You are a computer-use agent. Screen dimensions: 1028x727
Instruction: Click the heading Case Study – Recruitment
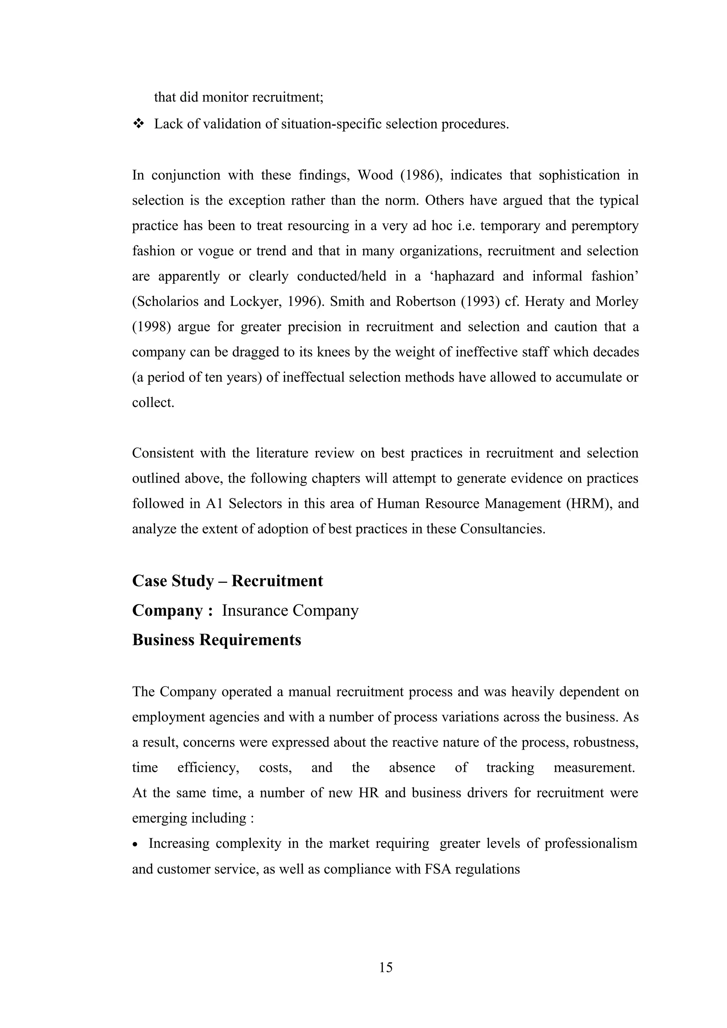pos(227,581)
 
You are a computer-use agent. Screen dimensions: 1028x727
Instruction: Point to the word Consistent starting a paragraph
pos(162,453)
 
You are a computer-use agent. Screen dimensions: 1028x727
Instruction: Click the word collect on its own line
pos(152,403)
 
